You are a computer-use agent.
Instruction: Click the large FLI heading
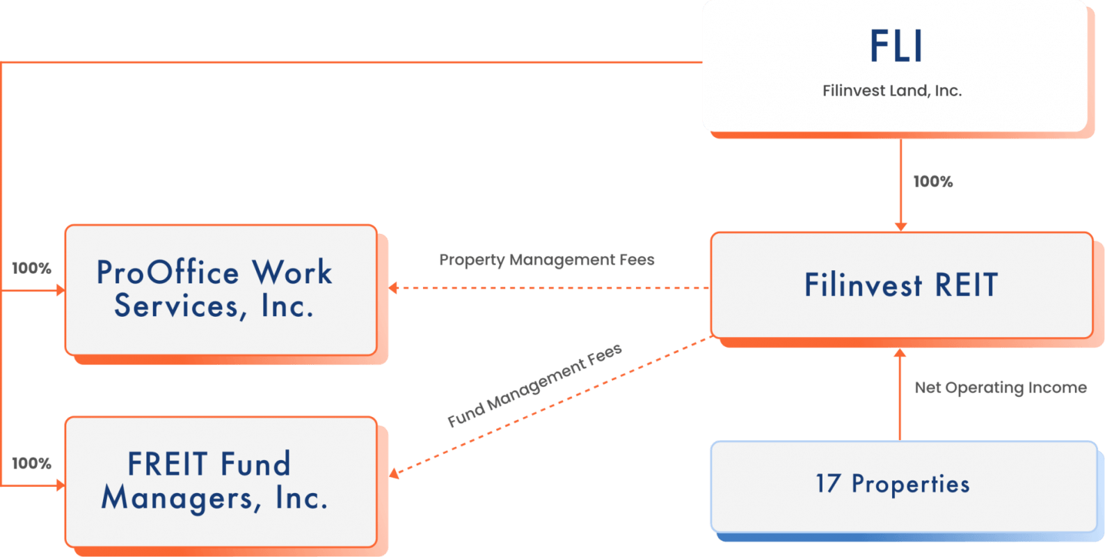(896, 47)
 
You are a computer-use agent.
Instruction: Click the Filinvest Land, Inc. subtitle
(892, 91)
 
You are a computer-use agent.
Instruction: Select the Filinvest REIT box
(901, 285)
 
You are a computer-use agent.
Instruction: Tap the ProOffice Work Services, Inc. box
(220, 290)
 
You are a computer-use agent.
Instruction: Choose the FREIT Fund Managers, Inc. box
(220, 482)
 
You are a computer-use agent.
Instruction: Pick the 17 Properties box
(903, 485)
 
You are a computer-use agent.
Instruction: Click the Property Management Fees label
(547, 260)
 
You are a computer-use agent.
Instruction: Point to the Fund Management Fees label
(534, 386)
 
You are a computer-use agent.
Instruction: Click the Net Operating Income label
(1000, 387)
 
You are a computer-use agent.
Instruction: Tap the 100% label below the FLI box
(932, 182)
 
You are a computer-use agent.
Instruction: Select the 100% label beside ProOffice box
(32, 268)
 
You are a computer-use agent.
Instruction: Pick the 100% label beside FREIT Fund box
(32, 463)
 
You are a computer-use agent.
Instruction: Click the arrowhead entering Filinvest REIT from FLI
(900, 226)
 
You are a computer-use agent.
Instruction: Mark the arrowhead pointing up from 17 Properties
(900, 353)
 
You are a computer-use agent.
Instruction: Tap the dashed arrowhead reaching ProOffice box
(394, 288)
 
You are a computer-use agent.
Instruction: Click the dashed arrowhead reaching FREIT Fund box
(395, 473)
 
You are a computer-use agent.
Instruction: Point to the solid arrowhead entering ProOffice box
(61, 290)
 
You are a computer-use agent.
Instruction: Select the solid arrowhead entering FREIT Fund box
(61, 485)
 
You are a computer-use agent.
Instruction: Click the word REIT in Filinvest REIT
(966, 285)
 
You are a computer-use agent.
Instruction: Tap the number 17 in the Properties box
(828, 483)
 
